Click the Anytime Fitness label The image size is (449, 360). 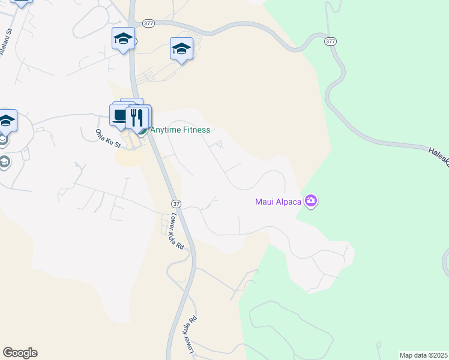click(x=180, y=130)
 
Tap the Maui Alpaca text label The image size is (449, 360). click(x=277, y=202)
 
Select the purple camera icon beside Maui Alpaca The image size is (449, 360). click(x=310, y=201)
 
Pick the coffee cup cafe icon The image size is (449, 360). click(x=120, y=115)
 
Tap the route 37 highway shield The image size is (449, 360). click(x=175, y=204)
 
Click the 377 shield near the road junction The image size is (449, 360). click(x=149, y=23)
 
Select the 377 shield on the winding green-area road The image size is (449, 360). click(x=330, y=41)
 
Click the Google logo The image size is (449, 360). click(x=20, y=353)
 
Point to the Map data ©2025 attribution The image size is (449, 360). click(x=423, y=355)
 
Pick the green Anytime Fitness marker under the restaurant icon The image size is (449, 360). click(x=142, y=130)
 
